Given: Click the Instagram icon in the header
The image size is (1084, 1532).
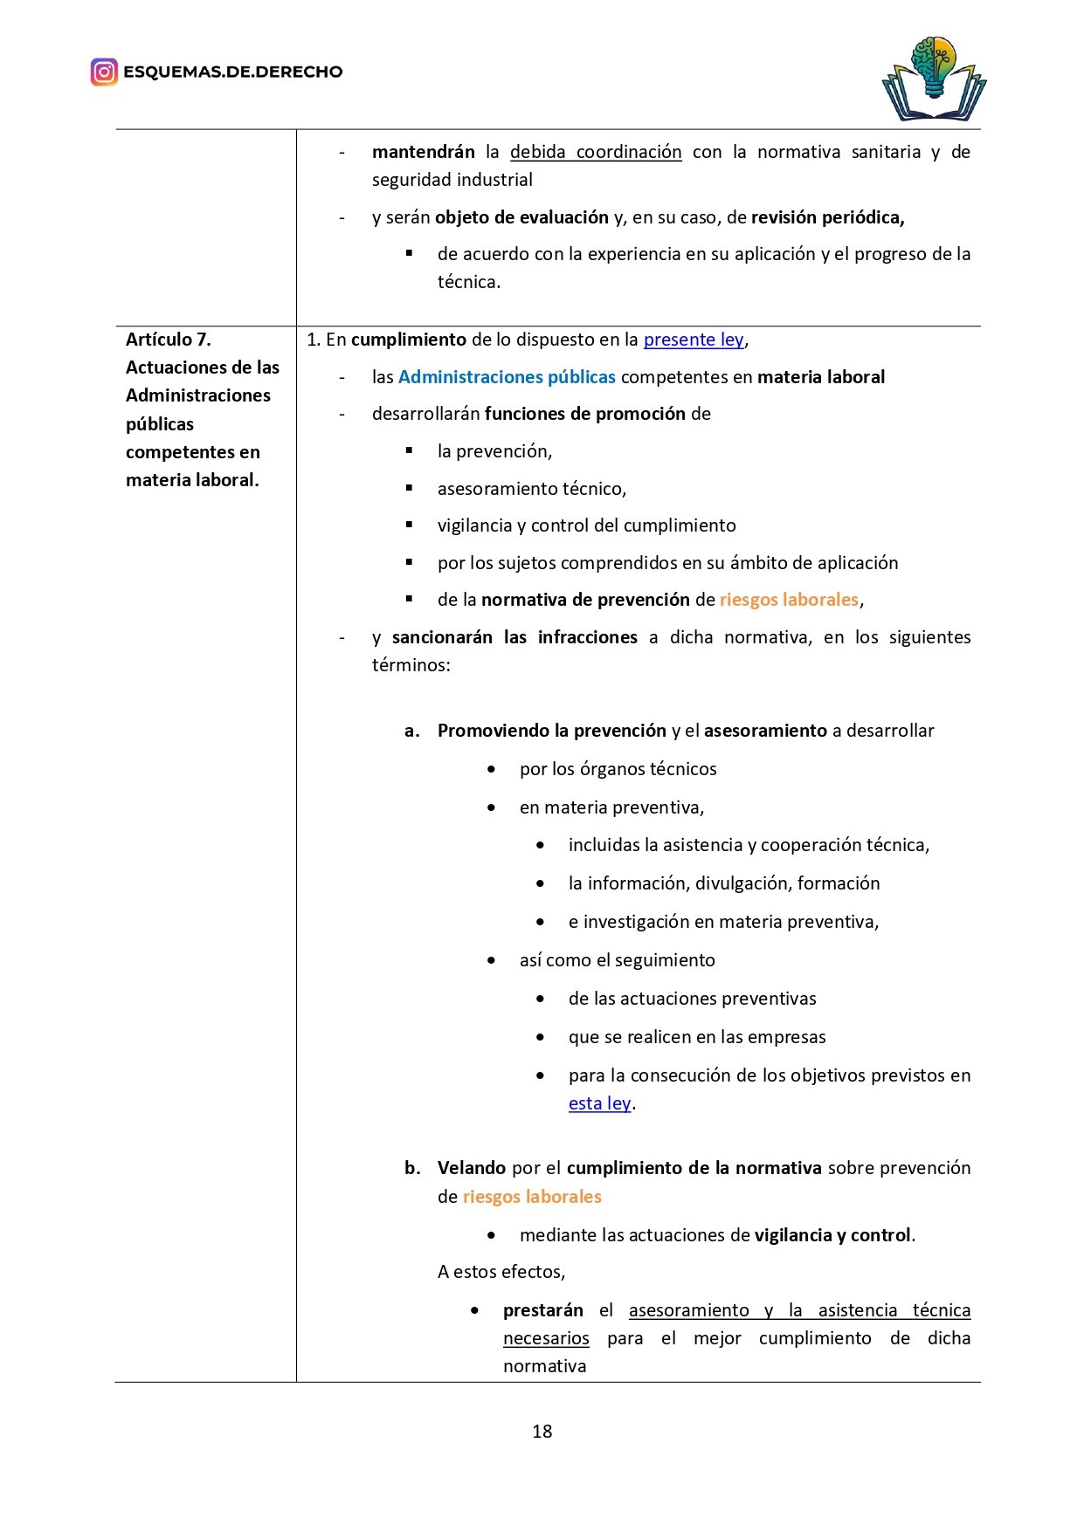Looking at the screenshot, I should pyautogui.click(x=104, y=72).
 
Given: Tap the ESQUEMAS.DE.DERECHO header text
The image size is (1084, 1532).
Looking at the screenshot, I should pyautogui.click(x=232, y=72).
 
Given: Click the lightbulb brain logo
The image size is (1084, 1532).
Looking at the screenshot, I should pyautogui.click(x=934, y=79).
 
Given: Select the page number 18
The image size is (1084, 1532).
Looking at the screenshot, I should pyautogui.click(x=542, y=1431).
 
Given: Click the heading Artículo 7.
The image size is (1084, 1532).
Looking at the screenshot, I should pyautogui.click(x=169, y=340).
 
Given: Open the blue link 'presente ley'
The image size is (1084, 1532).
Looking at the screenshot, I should pyautogui.click(x=694, y=340).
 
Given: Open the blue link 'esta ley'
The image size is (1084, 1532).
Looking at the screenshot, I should pyautogui.click(x=599, y=1103).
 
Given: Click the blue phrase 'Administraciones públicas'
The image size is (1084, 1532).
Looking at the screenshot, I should pyautogui.click(x=507, y=377).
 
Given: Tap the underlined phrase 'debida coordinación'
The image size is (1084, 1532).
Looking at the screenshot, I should pyautogui.click(x=596, y=152).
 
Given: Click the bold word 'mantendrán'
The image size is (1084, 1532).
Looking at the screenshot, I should pyautogui.click(x=423, y=152).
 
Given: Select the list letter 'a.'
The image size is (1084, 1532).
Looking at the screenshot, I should pyautogui.click(x=411, y=731).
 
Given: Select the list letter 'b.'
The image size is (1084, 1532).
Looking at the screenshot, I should pyautogui.click(x=412, y=1168).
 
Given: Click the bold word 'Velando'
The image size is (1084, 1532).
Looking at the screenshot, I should pyautogui.click(x=472, y=1168).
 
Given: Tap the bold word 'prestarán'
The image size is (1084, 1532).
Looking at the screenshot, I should pyautogui.click(x=542, y=1310).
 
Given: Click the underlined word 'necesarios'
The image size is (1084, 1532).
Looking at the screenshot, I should pyautogui.click(x=546, y=1338).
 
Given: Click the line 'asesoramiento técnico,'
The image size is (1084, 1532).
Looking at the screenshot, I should pyautogui.click(x=532, y=489).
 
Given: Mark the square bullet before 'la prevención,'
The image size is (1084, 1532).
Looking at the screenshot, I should pyautogui.click(x=409, y=450).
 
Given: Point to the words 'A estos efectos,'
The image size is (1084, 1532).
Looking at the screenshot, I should pyautogui.click(x=501, y=1272).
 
